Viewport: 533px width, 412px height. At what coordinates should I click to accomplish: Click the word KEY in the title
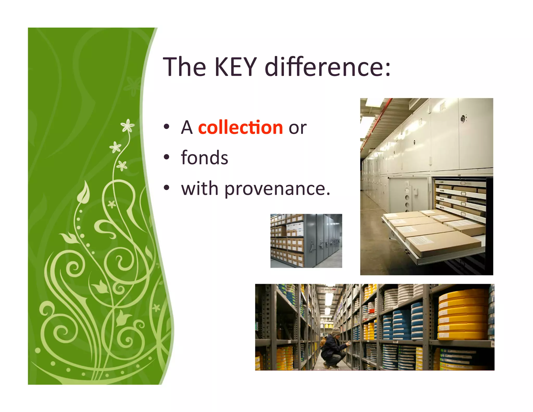click(236, 67)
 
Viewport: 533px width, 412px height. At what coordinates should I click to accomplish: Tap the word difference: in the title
click(327, 67)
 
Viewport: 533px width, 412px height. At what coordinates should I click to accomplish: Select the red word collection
click(240, 128)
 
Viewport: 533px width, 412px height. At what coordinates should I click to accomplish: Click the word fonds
click(205, 158)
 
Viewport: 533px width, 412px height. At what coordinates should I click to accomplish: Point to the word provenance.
click(277, 189)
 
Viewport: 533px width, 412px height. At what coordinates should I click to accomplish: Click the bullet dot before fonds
click(167, 157)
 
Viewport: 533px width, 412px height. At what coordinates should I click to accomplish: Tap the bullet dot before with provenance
click(167, 188)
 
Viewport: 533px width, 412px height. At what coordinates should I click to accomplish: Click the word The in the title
click(184, 67)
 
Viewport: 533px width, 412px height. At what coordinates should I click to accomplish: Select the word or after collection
click(297, 128)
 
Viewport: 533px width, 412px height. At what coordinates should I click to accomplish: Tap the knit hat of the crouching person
click(336, 331)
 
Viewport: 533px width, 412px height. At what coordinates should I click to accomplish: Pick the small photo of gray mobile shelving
click(306, 241)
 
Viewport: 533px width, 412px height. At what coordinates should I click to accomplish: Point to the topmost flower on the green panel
click(128, 126)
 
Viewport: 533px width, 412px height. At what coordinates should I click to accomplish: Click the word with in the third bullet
click(200, 189)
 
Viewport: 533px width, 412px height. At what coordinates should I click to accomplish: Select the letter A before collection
click(187, 128)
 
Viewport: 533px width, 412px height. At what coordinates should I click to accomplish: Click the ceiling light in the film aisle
click(329, 298)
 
